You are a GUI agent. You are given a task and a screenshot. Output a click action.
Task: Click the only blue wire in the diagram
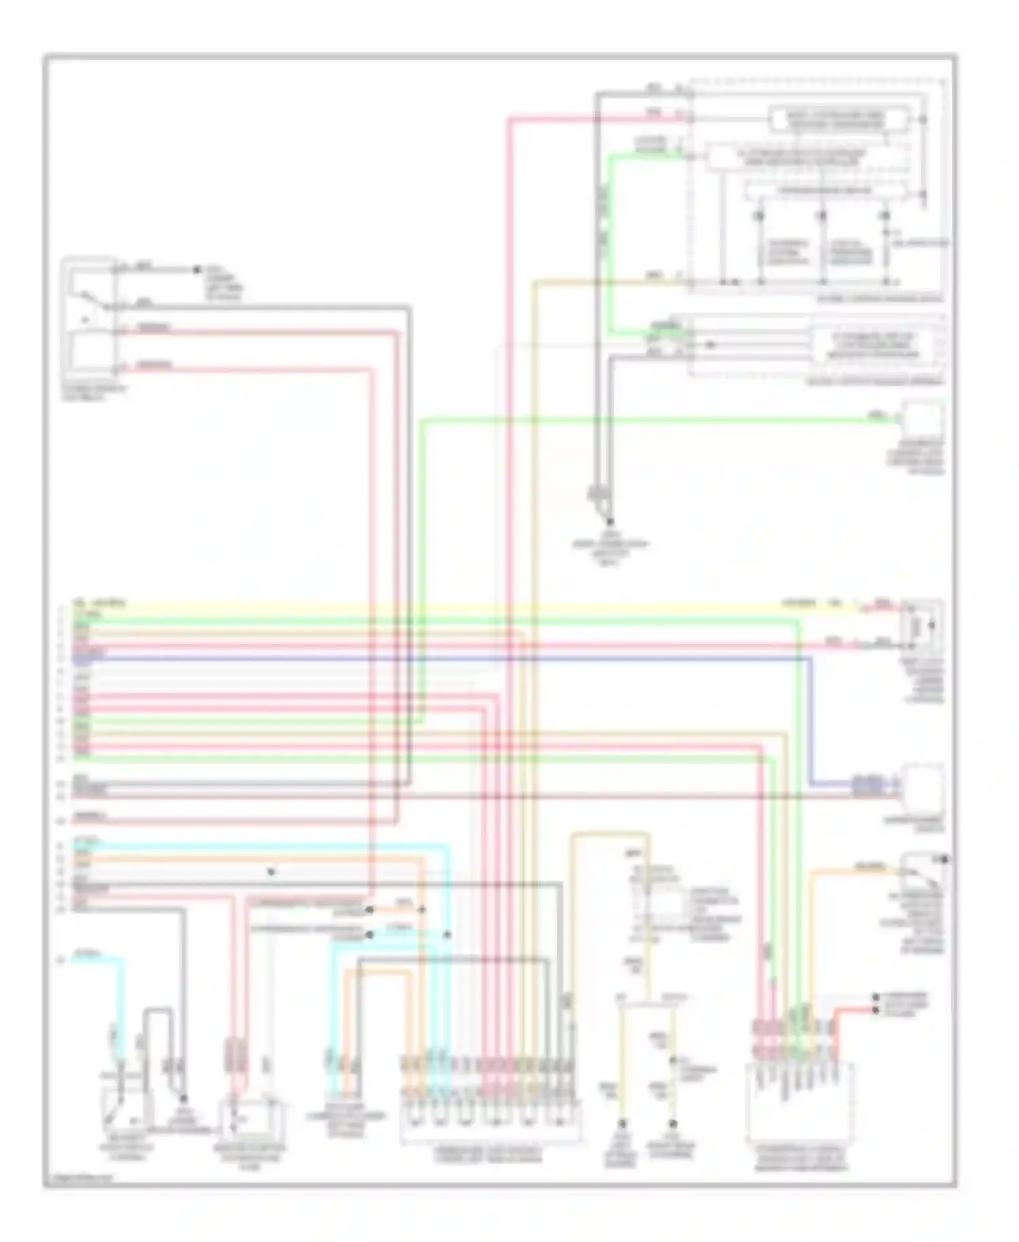pyautogui.click(x=476, y=658)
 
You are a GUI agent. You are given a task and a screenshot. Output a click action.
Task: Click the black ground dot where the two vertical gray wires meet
pyautogui.click(x=609, y=521)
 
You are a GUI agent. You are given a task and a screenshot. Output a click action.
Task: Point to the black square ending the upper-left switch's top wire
pyautogui.click(x=197, y=270)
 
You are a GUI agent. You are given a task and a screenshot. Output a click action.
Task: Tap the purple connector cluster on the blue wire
pyautogui.click(x=868, y=786)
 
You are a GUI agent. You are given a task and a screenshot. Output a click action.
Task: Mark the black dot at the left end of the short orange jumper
pyautogui.click(x=370, y=909)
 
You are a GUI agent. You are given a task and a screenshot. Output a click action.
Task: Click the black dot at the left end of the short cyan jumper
pyautogui.click(x=370, y=935)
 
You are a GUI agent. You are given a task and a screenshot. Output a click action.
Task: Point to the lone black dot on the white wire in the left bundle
pyautogui.click(x=271, y=872)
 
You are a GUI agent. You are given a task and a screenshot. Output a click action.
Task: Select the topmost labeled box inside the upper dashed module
pyautogui.click(x=838, y=120)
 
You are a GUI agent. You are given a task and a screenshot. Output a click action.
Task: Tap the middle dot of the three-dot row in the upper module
pyautogui.click(x=822, y=215)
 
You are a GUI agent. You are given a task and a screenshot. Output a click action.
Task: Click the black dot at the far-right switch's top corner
pyautogui.click(x=944, y=860)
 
